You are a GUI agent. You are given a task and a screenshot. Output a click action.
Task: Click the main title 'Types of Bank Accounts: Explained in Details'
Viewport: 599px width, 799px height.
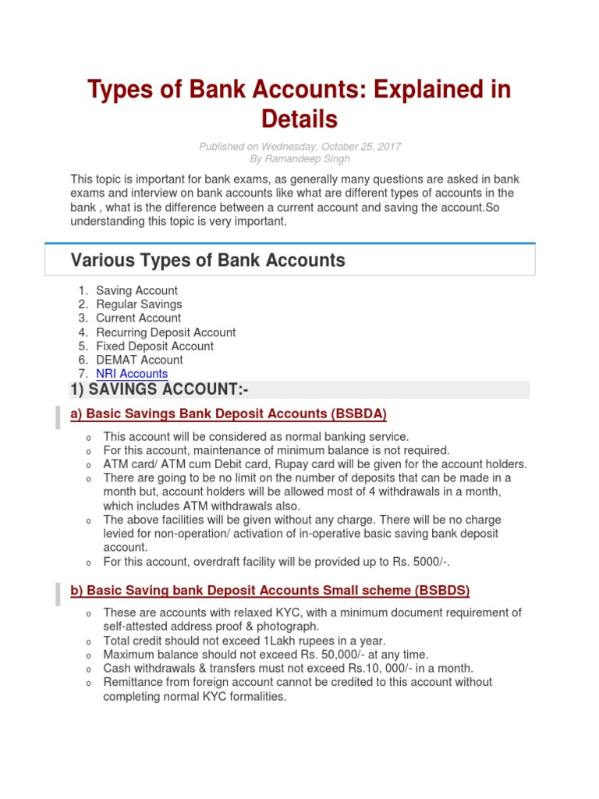tap(299, 104)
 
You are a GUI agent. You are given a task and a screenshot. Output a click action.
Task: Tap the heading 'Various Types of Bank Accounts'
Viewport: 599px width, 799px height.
tap(207, 261)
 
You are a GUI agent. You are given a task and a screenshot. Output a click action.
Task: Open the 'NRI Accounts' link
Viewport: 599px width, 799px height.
tap(132, 374)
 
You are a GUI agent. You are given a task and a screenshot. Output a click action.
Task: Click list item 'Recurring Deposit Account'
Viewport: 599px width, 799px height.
tap(165, 332)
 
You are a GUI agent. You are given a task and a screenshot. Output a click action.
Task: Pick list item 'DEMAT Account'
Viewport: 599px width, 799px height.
tap(140, 360)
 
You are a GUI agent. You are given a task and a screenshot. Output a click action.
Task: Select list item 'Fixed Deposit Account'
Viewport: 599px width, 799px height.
tap(154, 346)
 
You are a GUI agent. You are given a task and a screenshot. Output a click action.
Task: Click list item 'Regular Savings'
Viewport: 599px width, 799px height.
tap(139, 304)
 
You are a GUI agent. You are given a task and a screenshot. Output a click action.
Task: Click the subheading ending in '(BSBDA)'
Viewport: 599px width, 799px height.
tap(229, 414)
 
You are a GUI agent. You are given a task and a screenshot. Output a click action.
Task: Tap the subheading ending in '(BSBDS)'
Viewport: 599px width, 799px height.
tap(270, 590)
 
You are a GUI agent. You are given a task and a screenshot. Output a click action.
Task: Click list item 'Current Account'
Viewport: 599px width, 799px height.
tap(138, 318)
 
